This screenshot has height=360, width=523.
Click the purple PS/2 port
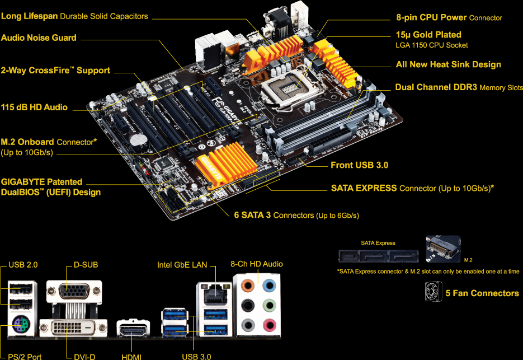(21, 324)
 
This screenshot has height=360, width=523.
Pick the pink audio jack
(270, 325)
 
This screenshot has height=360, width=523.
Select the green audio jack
(270, 305)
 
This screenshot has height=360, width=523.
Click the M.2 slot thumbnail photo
(443, 250)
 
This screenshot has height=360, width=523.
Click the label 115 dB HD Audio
(34, 107)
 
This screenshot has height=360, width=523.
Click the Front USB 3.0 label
(359, 165)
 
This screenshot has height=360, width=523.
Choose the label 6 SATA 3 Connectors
(296, 215)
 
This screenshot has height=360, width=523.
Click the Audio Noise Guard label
(39, 38)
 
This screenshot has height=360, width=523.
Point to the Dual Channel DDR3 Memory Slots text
(459, 87)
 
